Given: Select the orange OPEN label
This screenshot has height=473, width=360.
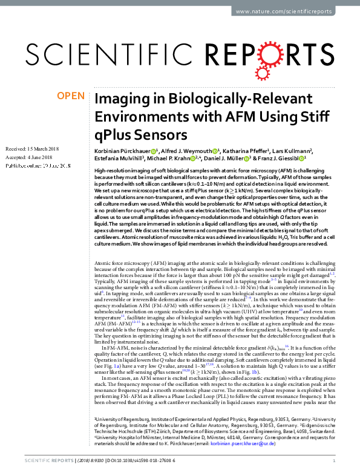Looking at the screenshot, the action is tap(70, 96).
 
